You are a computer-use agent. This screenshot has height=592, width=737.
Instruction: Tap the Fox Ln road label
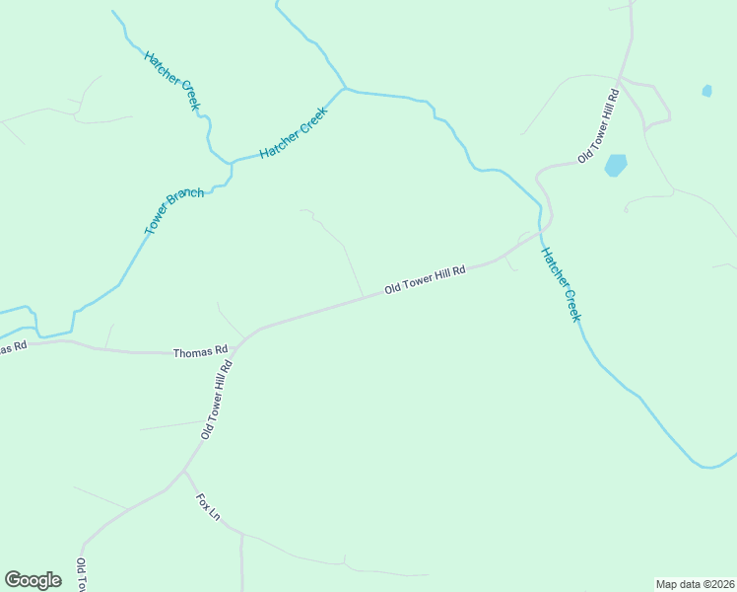tap(208, 507)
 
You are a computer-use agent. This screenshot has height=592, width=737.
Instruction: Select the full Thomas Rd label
tap(200, 351)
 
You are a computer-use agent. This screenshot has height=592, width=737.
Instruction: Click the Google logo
tap(33, 580)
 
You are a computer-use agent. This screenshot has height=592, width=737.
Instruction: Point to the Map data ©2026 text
tap(695, 583)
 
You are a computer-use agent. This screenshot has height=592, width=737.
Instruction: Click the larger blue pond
tap(616, 165)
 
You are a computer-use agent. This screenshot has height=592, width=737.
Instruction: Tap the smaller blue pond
tap(706, 91)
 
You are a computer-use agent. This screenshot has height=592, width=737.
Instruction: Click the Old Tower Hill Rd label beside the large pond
tap(598, 126)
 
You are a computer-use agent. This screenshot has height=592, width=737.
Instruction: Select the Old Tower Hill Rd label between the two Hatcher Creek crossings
tap(425, 280)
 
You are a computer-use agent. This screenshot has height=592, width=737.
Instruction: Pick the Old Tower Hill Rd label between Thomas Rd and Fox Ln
tap(216, 400)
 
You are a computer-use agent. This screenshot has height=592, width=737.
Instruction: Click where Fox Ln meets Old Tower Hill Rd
tap(184, 470)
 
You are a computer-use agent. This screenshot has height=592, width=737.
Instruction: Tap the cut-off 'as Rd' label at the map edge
tap(12, 347)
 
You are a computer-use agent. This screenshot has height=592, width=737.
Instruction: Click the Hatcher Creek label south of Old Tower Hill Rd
tap(561, 284)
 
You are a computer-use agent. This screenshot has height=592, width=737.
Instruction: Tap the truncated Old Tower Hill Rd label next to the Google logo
tap(81, 575)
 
